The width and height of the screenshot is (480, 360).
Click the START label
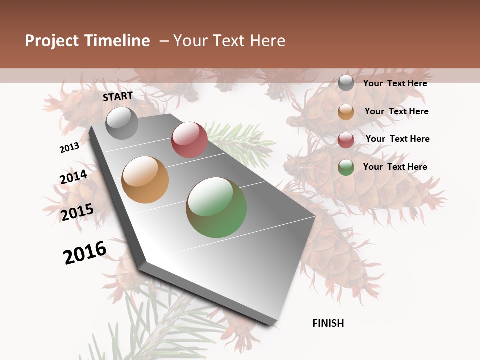click(x=118, y=96)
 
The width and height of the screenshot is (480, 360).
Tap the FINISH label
click(x=328, y=323)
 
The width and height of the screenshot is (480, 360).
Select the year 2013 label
click(x=69, y=147)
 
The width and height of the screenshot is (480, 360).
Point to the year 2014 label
click(x=73, y=177)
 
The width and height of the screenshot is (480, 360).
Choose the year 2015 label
click(x=77, y=212)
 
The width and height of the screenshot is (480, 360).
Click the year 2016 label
click(x=85, y=253)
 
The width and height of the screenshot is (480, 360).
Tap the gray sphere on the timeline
click(x=122, y=123)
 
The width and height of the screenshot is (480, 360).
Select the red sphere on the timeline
click(x=189, y=140)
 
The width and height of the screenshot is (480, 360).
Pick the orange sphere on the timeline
click(x=145, y=180)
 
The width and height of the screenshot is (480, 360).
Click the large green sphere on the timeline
click(x=216, y=207)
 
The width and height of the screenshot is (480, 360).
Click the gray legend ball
click(x=346, y=83)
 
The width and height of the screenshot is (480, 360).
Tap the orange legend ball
click(x=346, y=112)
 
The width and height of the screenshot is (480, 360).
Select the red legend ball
click(x=346, y=140)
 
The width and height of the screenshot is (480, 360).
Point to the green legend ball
click(x=346, y=167)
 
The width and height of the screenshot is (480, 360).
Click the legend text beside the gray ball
click(x=395, y=83)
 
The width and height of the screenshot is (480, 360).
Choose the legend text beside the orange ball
click(x=396, y=111)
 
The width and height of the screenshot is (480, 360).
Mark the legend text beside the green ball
click(x=395, y=167)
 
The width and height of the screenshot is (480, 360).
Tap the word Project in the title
click(x=51, y=41)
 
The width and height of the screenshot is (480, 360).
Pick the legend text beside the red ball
click(x=397, y=139)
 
